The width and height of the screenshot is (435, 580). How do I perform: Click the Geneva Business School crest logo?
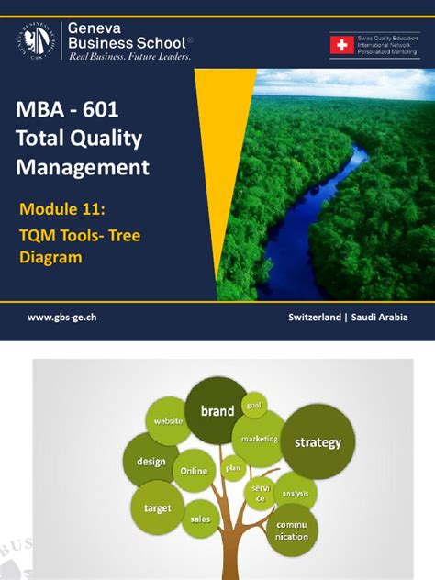37,41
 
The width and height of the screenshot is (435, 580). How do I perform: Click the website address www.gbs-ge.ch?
62,317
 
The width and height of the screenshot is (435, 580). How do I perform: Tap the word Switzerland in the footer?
318,317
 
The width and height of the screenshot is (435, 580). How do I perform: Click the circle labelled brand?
217,412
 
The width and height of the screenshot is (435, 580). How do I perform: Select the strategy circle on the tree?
318,442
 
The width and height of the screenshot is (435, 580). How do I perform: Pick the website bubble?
167,421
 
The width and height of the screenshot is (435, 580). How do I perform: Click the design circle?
151,463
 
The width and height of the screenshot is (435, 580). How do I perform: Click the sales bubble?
200,519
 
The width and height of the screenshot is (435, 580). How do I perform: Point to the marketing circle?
260,439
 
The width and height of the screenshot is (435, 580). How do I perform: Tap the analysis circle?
296,493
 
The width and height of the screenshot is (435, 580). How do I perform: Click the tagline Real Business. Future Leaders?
130,56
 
